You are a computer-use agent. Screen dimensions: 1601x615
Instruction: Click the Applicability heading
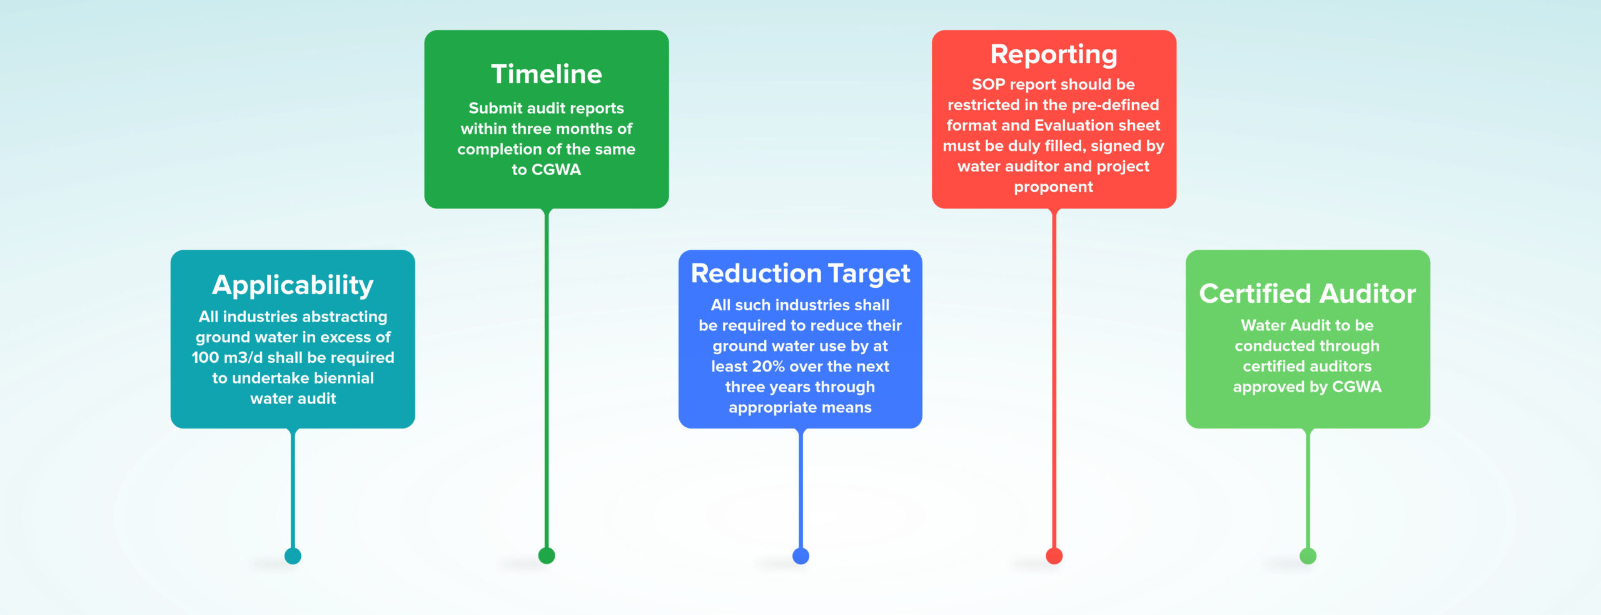[293, 285]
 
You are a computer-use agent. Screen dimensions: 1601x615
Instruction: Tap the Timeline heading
[547, 74]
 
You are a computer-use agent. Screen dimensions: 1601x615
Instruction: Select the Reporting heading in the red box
[1054, 55]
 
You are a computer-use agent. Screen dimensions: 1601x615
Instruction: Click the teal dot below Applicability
[293, 556]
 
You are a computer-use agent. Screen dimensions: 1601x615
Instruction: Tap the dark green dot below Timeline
[547, 556]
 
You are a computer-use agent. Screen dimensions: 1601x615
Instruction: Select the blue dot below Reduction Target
[800, 556]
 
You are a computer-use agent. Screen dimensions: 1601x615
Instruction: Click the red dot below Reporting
[1054, 556]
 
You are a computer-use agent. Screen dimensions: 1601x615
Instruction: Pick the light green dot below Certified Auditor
[1308, 556]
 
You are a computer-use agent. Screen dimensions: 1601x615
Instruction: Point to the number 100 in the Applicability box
[205, 358]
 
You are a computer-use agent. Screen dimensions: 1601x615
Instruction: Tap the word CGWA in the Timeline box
[556, 170]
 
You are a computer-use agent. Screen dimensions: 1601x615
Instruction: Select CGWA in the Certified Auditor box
[1356, 387]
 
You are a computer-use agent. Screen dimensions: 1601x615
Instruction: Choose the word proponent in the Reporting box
[1054, 188]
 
